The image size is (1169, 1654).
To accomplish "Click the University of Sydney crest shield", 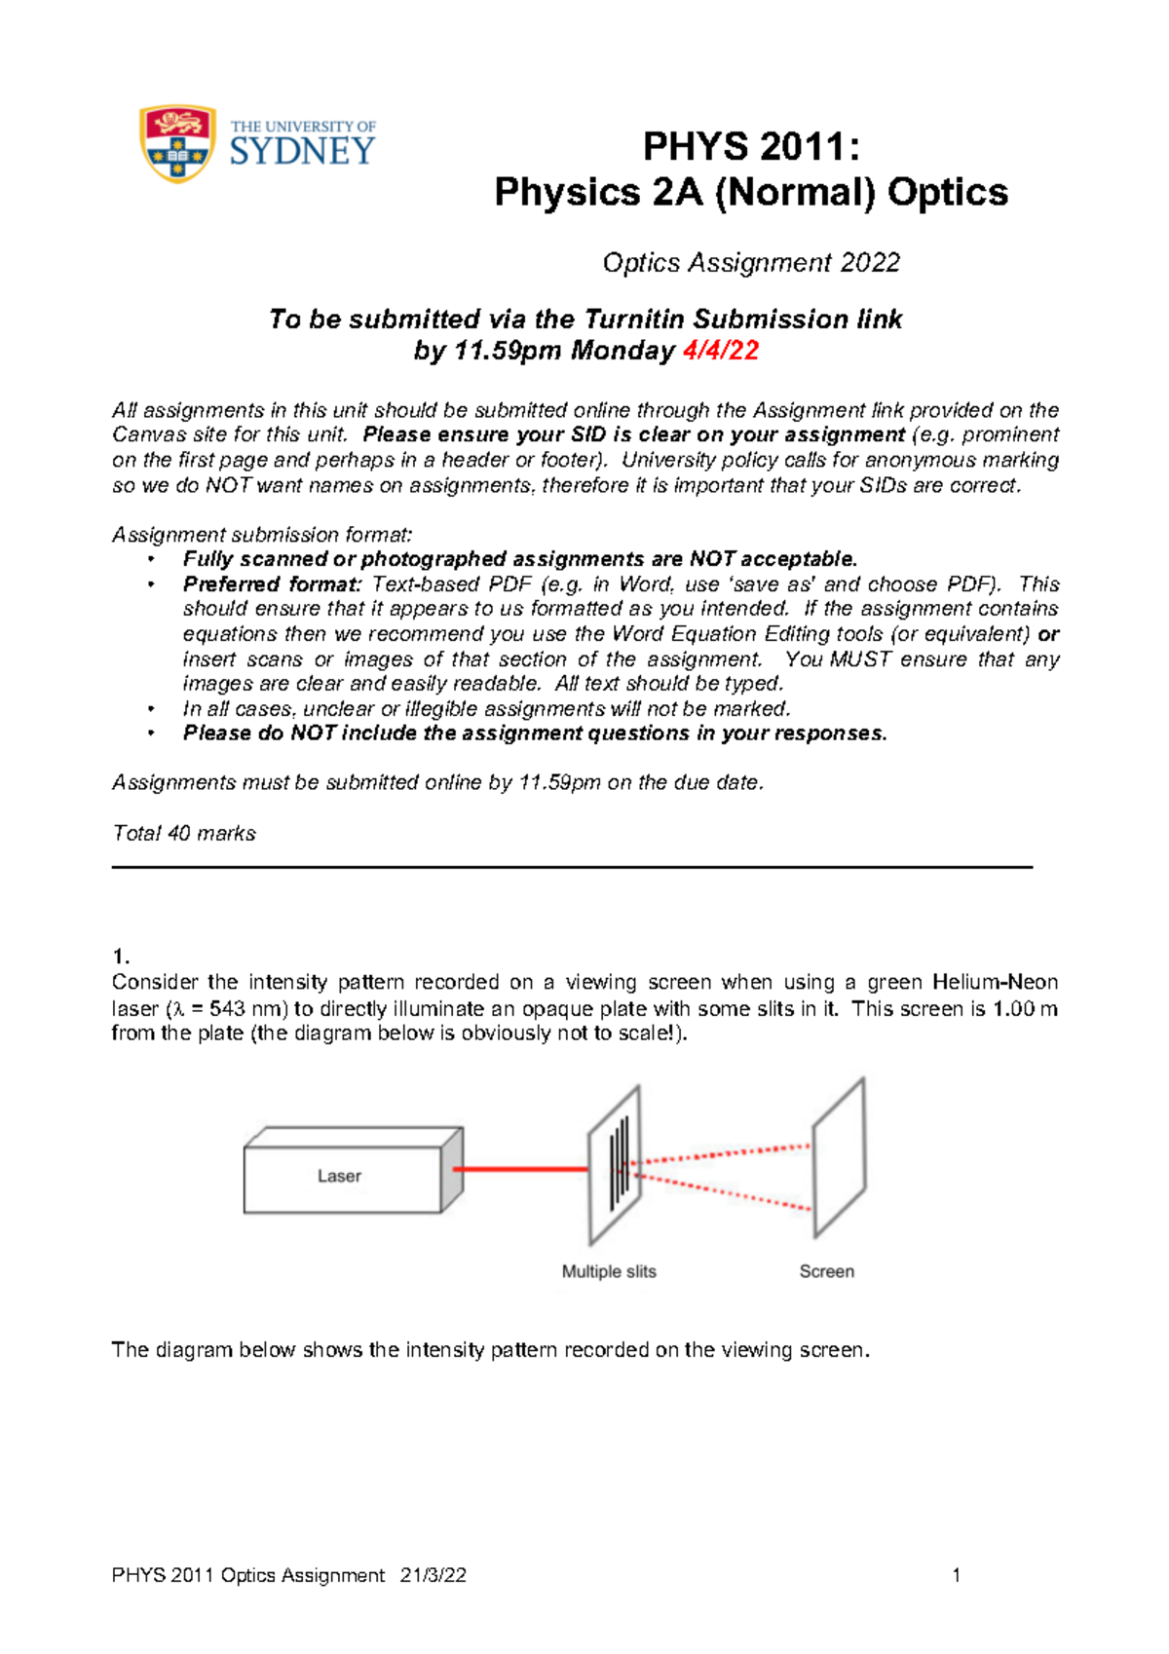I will click(x=177, y=144).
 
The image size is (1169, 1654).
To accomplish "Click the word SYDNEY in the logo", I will click(x=302, y=152).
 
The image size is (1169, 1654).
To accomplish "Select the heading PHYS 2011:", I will click(x=751, y=147).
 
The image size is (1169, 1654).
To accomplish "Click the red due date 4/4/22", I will click(x=720, y=351).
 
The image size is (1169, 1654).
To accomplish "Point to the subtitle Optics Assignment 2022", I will click(x=751, y=263).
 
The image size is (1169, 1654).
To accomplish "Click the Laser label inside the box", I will click(x=339, y=1176).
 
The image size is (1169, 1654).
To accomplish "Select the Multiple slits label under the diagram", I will click(x=609, y=1271).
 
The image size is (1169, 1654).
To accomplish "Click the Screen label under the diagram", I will click(x=826, y=1271).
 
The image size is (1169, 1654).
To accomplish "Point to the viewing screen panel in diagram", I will click(x=840, y=1156).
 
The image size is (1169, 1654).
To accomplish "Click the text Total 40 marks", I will click(x=184, y=834).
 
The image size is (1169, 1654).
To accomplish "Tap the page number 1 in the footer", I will click(x=957, y=1575).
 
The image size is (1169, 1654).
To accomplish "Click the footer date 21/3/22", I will click(x=434, y=1575).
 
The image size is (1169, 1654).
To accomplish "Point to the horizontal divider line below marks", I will click(x=572, y=866).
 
